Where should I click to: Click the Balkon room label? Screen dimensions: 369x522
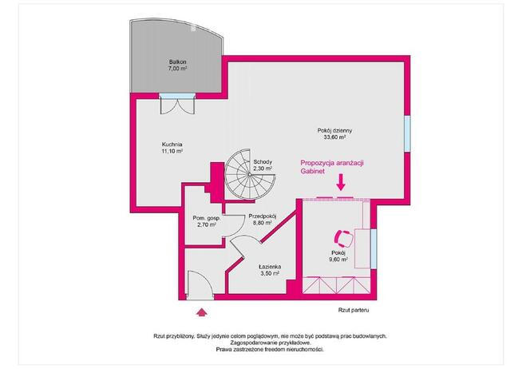click(x=176, y=61)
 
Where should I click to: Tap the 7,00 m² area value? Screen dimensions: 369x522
click(x=176, y=69)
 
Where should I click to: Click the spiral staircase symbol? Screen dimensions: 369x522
click(x=241, y=172)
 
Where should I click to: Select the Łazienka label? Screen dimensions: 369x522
click(x=269, y=266)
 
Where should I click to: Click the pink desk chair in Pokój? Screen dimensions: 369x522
click(x=344, y=238)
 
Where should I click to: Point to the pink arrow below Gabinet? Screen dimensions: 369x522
click(x=341, y=184)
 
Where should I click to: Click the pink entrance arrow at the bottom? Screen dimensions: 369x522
click(x=200, y=312)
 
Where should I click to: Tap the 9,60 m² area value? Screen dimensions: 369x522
click(x=342, y=259)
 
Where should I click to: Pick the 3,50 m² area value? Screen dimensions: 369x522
click(x=269, y=274)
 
